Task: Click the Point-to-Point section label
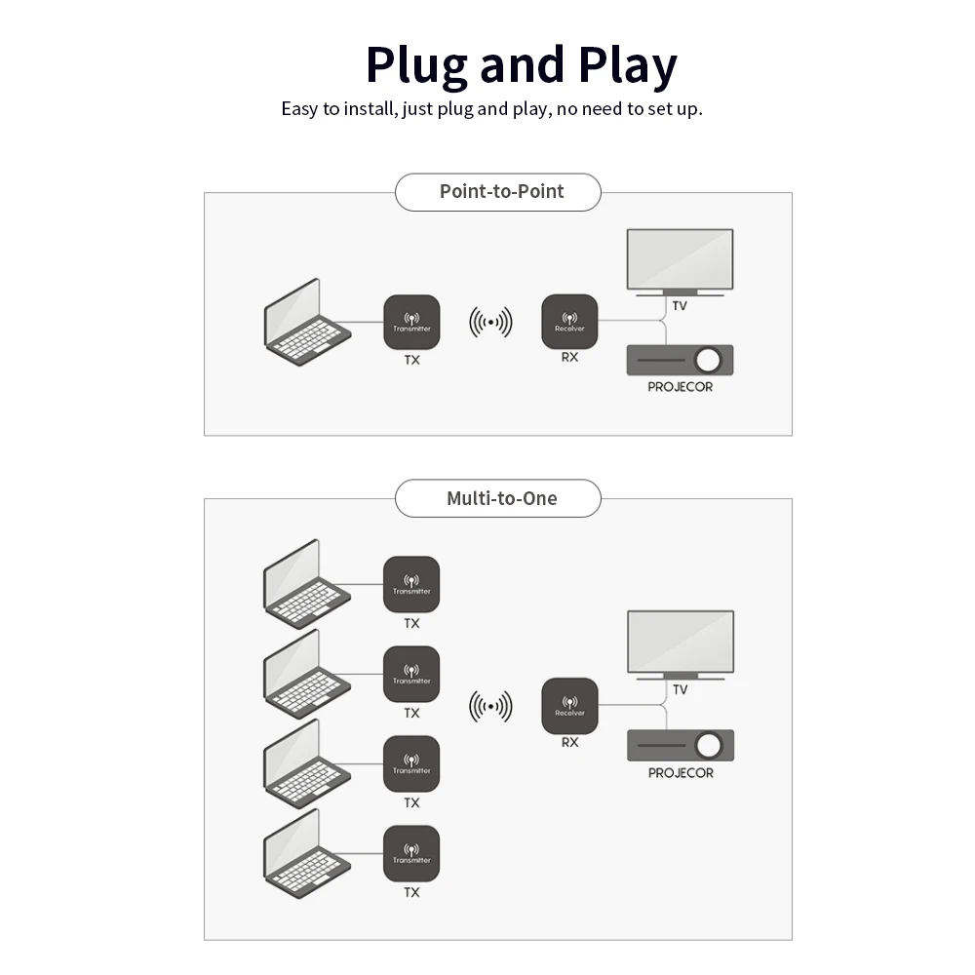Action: (501, 191)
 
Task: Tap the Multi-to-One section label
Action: (501, 498)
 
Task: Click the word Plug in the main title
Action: (417, 65)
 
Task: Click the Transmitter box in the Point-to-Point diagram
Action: (411, 322)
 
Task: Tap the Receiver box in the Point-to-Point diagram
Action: (569, 322)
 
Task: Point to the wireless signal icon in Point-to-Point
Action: (490, 322)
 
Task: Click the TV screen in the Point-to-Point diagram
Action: (680, 258)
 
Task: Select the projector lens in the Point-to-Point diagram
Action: (709, 361)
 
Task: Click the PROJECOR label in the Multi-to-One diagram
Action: (681, 773)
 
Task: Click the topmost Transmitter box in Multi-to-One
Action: (411, 584)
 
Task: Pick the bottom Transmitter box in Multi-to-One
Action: (411, 854)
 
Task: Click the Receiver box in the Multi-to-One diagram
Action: (569, 707)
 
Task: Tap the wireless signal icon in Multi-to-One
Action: (490, 705)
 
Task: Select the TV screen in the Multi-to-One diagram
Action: (680, 640)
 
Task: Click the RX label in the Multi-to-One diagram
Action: (570, 742)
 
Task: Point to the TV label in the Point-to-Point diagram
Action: (680, 306)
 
